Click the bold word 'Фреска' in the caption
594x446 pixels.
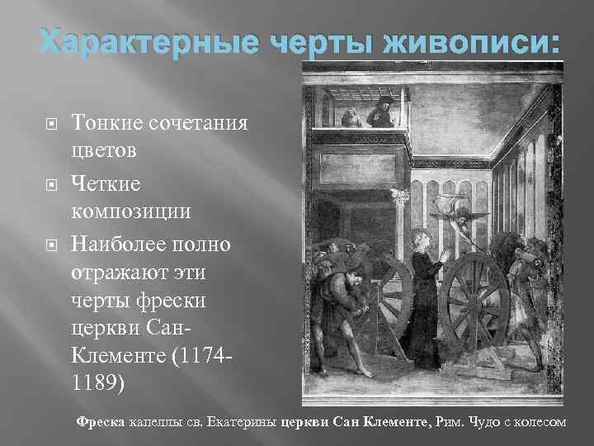[99, 422]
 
